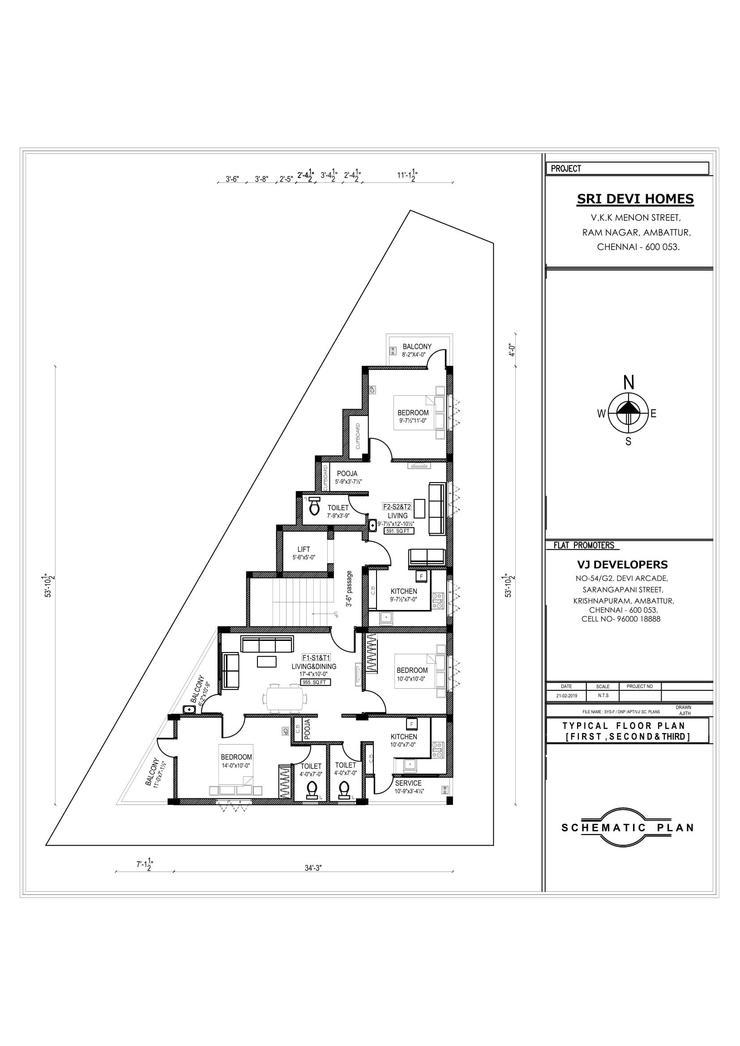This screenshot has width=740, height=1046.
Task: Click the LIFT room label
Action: [304, 550]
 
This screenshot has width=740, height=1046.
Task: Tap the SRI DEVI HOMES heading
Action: [635, 199]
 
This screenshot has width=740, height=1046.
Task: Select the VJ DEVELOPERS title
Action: [622, 564]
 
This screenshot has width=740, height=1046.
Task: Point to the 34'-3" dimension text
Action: [313, 868]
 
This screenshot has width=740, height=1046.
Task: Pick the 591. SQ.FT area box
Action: [399, 531]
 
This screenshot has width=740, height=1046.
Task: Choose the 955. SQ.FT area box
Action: [316, 682]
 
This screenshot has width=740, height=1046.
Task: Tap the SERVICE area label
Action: [408, 783]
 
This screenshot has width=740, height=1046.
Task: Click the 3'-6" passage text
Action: [349, 589]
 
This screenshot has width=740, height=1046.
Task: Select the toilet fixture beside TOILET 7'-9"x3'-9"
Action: [314, 506]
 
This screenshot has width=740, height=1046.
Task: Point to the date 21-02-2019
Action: [566, 696]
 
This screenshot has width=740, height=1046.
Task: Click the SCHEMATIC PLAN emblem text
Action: [627, 828]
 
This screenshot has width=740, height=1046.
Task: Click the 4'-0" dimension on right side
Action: [512, 350]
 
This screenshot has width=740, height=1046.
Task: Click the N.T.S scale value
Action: [603, 696]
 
